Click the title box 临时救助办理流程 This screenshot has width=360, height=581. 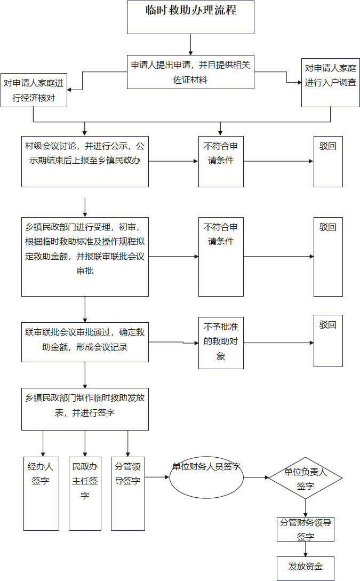190,17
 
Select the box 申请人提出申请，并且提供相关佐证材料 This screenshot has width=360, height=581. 190,72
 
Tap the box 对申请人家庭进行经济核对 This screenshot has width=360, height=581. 34,90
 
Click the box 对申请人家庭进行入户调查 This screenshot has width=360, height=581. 330,82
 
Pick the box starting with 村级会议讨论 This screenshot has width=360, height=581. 85,160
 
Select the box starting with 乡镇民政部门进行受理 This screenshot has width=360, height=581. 85,256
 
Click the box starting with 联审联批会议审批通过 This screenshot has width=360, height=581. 85,342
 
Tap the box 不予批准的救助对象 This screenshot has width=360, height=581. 221,342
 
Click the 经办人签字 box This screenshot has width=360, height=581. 41,493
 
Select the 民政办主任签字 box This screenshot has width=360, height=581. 85,493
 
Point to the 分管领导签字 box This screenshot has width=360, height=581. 128,493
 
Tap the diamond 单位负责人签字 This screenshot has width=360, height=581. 305,478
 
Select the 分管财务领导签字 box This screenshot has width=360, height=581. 306,529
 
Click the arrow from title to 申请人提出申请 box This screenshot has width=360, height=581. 190,44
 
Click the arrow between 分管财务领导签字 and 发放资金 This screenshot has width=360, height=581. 306,549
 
